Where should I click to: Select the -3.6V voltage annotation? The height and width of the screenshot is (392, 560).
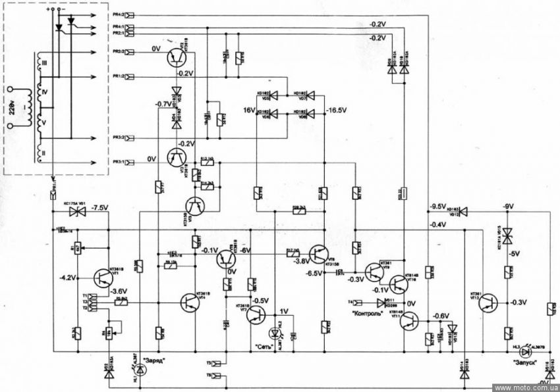coord(121,290)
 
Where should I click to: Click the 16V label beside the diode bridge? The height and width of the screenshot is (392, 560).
coord(249,110)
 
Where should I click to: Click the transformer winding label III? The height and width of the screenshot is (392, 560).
coord(45,62)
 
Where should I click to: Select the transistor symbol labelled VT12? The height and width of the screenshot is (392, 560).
coord(487,303)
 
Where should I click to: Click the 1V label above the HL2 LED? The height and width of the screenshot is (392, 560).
coord(283,312)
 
